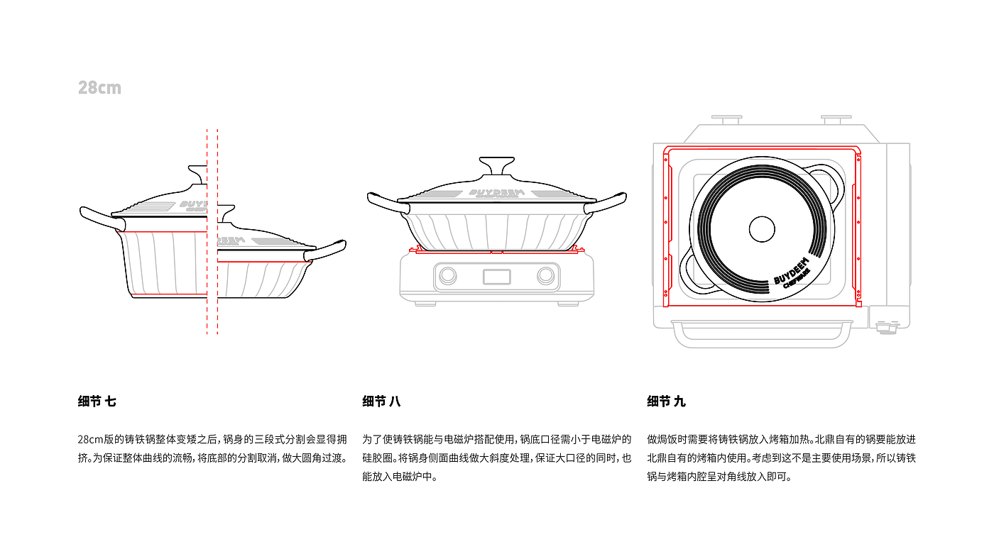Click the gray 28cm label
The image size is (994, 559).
tap(99, 88)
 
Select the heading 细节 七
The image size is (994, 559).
tap(97, 402)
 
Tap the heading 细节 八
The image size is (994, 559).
tap(381, 402)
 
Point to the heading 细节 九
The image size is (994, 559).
tap(666, 402)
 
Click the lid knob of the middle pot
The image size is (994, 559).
tap(496, 165)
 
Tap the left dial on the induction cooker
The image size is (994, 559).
tap(447, 276)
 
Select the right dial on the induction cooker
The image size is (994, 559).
tap(545, 276)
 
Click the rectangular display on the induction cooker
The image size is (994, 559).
tap(496, 277)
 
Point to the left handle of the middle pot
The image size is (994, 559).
tap(387, 204)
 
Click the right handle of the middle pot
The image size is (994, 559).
tap(606, 204)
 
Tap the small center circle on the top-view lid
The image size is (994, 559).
tap(762, 229)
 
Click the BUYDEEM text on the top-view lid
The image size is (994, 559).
tap(791, 270)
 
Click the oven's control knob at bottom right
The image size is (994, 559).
tap(887, 328)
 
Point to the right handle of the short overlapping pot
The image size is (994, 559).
tap(326, 250)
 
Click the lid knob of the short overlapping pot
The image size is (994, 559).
tap(226, 214)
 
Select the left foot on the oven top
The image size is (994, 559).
tap(726, 120)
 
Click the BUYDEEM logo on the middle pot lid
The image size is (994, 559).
tap(496, 193)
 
